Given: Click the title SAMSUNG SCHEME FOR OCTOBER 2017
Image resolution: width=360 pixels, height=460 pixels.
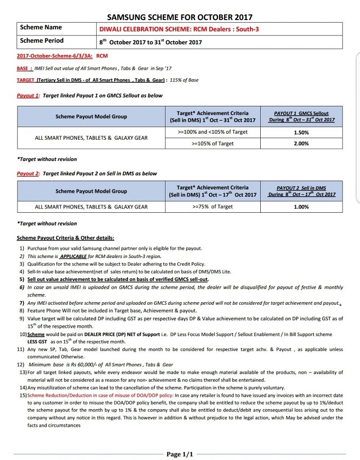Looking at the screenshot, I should point(179,16).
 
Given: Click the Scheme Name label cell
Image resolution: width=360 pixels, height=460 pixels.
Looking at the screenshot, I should point(41,27).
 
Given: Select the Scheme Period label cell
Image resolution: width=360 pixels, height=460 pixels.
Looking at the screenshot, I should point(42,41).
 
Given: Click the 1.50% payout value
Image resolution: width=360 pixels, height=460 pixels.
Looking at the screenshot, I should point(301,132).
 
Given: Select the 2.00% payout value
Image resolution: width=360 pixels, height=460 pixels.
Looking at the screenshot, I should point(301,143).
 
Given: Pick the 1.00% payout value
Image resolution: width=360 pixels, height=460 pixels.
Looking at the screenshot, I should point(301,207).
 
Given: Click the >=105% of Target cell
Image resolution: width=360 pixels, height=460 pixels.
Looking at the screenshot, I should point(212,143).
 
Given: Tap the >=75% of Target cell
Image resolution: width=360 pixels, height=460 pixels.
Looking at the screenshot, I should point(212,207).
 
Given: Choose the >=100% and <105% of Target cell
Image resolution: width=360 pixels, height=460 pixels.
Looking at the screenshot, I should point(212,132).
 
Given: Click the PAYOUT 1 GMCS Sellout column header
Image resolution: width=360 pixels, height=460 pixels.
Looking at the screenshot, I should point(301,117).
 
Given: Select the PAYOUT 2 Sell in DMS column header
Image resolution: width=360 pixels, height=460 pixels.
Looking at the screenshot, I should point(301,191).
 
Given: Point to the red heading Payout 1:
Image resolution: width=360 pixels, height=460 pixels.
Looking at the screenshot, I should point(28,96).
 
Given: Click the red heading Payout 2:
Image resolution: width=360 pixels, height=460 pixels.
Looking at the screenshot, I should point(28,174).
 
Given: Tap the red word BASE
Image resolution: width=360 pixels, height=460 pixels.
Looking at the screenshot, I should point(23,68).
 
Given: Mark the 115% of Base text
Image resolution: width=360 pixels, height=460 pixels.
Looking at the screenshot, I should point(184,80).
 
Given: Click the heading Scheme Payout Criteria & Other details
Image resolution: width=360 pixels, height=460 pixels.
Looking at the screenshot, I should point(65,238).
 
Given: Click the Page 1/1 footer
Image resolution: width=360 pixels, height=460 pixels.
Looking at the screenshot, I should point(180,454).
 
